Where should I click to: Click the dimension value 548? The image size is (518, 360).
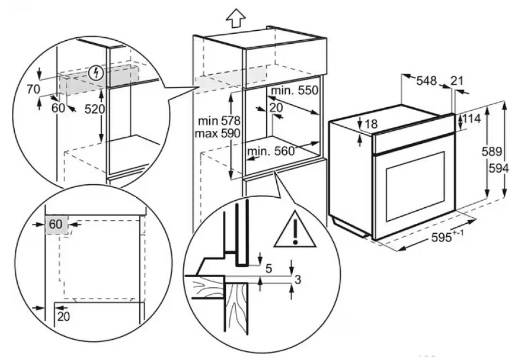click(426, 81)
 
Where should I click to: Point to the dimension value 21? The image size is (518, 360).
click(457, 81)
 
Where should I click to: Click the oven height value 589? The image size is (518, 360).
click(491, 152)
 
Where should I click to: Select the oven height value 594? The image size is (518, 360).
click(498, 168)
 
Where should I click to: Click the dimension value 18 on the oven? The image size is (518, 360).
click(371, 124)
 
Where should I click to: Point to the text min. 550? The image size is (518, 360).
click(294, 91)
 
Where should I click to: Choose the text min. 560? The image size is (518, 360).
click(270, 151)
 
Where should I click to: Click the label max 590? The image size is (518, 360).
click(218, 134)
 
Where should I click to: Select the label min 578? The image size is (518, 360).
click(219, 121)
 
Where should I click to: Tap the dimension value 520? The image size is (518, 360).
click(94, 109)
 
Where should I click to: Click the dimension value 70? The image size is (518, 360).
click(33, 89)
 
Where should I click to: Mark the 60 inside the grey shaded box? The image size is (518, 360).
click(56, 224)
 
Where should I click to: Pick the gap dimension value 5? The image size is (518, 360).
click(268, 269)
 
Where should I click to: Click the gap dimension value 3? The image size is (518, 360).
click(298, 280)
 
